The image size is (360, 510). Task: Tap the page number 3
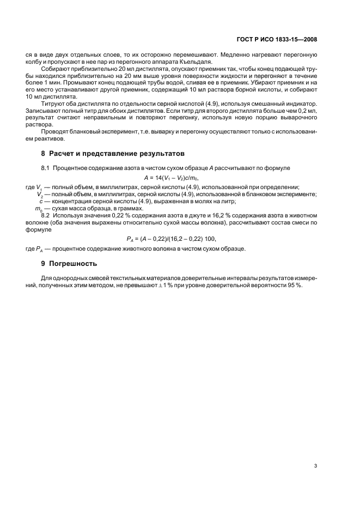point(315,466)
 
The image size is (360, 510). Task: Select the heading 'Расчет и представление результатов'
point(117,153)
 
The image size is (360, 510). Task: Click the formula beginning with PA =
point(174,238)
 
